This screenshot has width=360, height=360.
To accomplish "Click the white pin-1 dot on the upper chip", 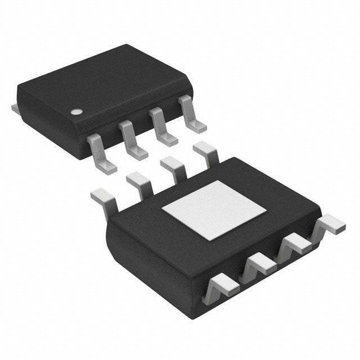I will click(x=74, y=111).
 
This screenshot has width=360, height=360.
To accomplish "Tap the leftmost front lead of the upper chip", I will click(x=101, y=152).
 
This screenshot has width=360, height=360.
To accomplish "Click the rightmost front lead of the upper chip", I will click(x=190, y=116).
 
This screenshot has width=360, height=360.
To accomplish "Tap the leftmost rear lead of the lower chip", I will click(x=104, y=197).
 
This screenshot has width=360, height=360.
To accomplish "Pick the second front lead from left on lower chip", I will click(x=258, y=263).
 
